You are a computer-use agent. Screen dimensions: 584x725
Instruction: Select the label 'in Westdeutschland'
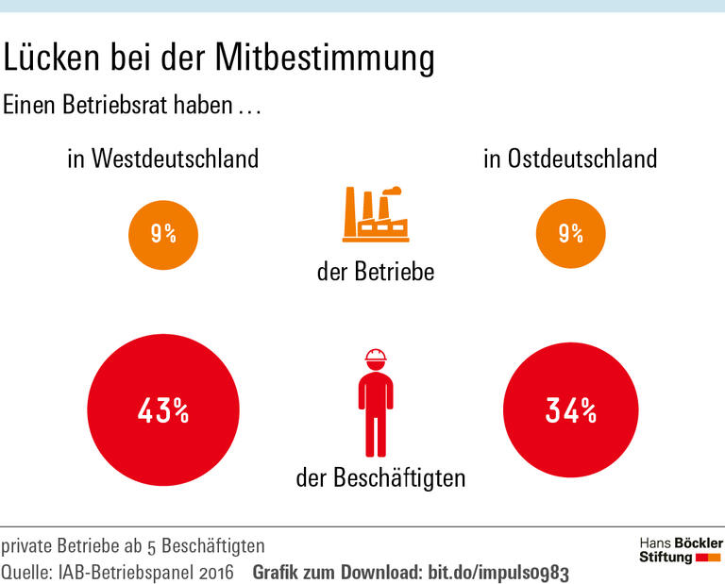coord(162,159)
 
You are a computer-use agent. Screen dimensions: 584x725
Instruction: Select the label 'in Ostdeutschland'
coord(570,159)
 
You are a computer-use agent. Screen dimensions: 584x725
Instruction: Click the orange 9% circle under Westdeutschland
coord(163,233)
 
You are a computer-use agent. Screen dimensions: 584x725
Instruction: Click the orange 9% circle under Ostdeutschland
coord(570,233)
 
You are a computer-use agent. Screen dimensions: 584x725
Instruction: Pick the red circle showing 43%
coord(163,411)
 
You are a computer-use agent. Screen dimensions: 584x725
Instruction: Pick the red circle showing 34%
coord(570,411)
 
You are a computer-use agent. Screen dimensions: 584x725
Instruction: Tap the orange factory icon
coord(374,215)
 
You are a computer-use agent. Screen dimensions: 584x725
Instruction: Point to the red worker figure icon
coord(376,406)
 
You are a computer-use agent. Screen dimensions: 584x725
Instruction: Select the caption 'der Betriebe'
coord(376,273)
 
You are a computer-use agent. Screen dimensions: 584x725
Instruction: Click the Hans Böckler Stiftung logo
coord(680,551)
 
